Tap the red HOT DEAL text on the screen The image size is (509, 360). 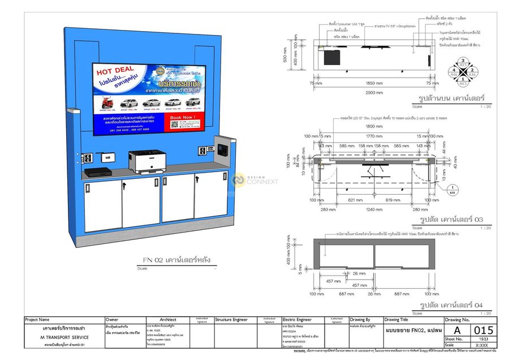(115, 71)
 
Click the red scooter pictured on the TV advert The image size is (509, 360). (106, 103)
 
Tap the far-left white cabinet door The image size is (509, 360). (102, 204)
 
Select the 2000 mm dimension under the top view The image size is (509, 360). (373, 92)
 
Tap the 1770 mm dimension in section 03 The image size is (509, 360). (373, 136)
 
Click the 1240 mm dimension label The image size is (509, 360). (373, 209)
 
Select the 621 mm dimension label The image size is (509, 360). (355, 200)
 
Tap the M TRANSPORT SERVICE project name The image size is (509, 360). (64, 337)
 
